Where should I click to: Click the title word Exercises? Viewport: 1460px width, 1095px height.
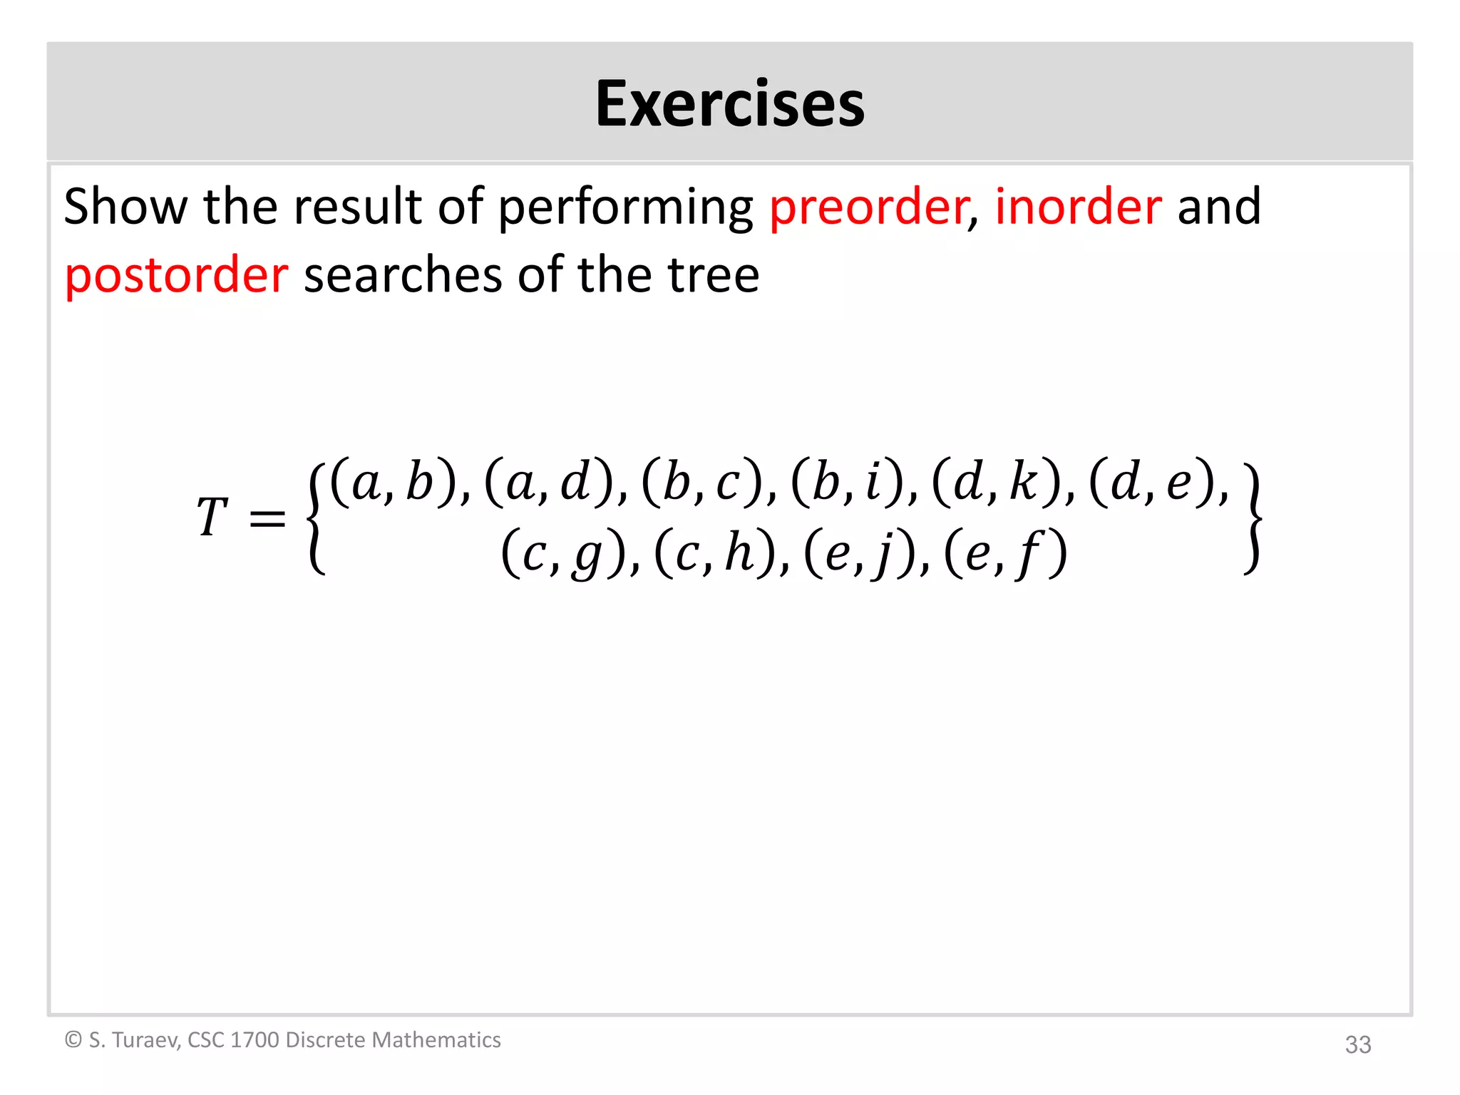pyautogui.click(x=730, y=104)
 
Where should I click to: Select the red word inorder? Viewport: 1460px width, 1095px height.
pyautogui.click(x=1078, y=207)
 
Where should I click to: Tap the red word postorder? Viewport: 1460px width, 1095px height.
pyautogui.click(x=177, y=275)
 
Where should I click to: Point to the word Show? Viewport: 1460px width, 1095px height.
pyautogui.click(x=125, y=207)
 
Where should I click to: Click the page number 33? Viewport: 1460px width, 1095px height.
pyautogui.click(x=1357, y=1044)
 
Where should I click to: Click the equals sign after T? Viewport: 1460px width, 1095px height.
pyautogui.click(x=268, y=518)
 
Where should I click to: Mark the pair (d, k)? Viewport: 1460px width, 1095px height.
pyautogui.click(x=995, y=482)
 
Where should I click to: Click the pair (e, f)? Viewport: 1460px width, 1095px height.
pyautogui.click(x=1005, y=554)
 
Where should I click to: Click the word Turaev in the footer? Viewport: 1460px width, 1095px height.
pyautogui.click(x=145, y=1040)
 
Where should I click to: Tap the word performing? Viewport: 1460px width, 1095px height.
pyautogui.click(x=624, y=207)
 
